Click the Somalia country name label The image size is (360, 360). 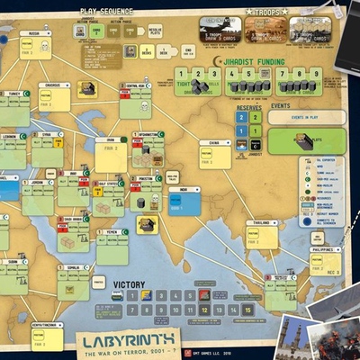tap(73, 267)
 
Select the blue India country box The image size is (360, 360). tap(184, 201)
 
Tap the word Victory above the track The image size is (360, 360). tap(129, 284)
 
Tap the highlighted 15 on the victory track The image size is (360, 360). tap(247, 309)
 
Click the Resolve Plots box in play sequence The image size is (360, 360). tap(156, 31)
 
